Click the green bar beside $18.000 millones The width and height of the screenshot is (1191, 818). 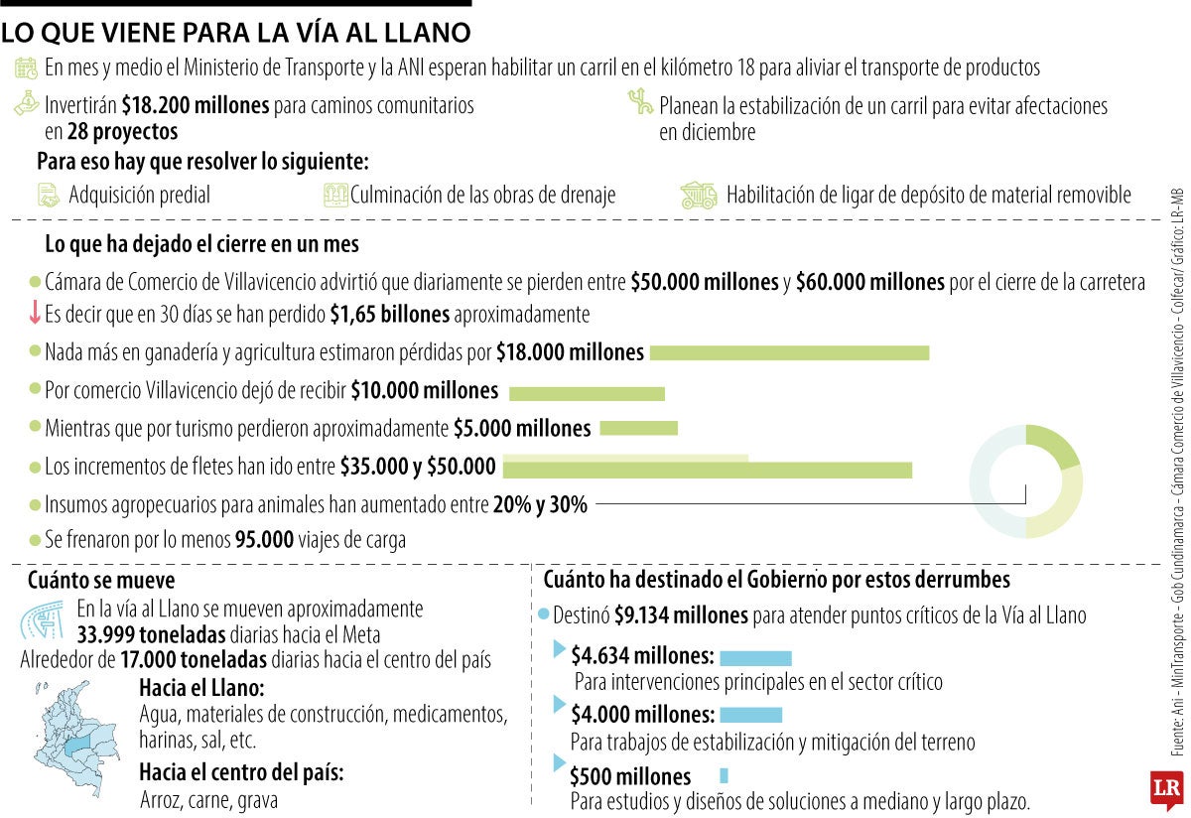click(789, 352)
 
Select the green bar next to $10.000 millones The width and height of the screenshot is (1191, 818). click(587, 393)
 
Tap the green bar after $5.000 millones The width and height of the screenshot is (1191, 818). click(638, 428)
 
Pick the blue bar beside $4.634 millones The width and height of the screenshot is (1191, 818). click(755, 657)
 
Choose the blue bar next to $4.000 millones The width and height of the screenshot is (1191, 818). click(750, 715)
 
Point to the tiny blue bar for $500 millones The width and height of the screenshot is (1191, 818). click(725, 775)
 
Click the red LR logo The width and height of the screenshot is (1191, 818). click(1166, 789)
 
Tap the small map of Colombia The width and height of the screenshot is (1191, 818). click(74, 730)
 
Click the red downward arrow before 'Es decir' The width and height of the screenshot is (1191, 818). click(35, 314)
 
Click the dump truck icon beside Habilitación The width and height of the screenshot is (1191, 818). click(699, 196)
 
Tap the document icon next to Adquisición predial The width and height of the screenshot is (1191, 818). click(48, 195)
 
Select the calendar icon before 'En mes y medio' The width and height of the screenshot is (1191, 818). click(26, 68)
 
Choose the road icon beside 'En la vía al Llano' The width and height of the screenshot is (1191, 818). click(43, 621)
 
